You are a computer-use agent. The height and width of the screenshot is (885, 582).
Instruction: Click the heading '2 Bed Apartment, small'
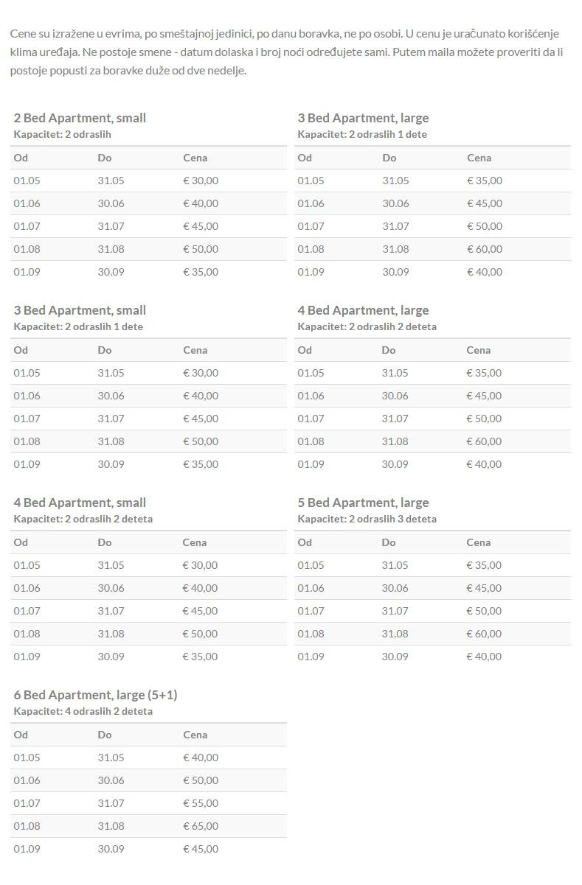80,118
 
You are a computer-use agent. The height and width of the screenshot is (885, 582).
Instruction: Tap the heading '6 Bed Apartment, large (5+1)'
95,695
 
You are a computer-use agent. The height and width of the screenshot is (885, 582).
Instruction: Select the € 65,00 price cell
201,826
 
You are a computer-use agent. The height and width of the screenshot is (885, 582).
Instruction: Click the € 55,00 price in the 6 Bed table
201,803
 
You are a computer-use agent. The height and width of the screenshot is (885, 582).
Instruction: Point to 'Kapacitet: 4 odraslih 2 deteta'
83,711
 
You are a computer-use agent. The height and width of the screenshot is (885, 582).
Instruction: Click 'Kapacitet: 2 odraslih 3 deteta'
367,519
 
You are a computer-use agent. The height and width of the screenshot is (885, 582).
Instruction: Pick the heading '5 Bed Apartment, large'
363,503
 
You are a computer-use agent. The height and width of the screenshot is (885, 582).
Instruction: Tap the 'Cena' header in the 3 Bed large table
479,158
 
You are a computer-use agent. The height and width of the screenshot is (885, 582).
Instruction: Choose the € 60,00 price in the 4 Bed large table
484,441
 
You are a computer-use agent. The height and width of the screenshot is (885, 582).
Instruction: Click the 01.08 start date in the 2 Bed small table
27,249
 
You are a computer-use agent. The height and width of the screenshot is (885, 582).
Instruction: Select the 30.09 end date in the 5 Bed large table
395,657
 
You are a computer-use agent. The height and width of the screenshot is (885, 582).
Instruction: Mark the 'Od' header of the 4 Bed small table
21,542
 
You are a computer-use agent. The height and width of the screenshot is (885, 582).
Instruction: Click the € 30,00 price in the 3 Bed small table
201,373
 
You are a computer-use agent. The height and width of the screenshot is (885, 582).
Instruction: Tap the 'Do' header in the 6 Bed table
105,735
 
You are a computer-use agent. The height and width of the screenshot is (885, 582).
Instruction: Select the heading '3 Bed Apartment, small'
80,310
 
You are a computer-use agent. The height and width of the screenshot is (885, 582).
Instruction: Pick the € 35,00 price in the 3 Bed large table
485,181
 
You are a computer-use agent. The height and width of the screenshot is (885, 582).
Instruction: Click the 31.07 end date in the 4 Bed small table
111,611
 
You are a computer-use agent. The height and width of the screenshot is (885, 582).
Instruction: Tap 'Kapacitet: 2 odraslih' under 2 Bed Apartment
62,134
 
